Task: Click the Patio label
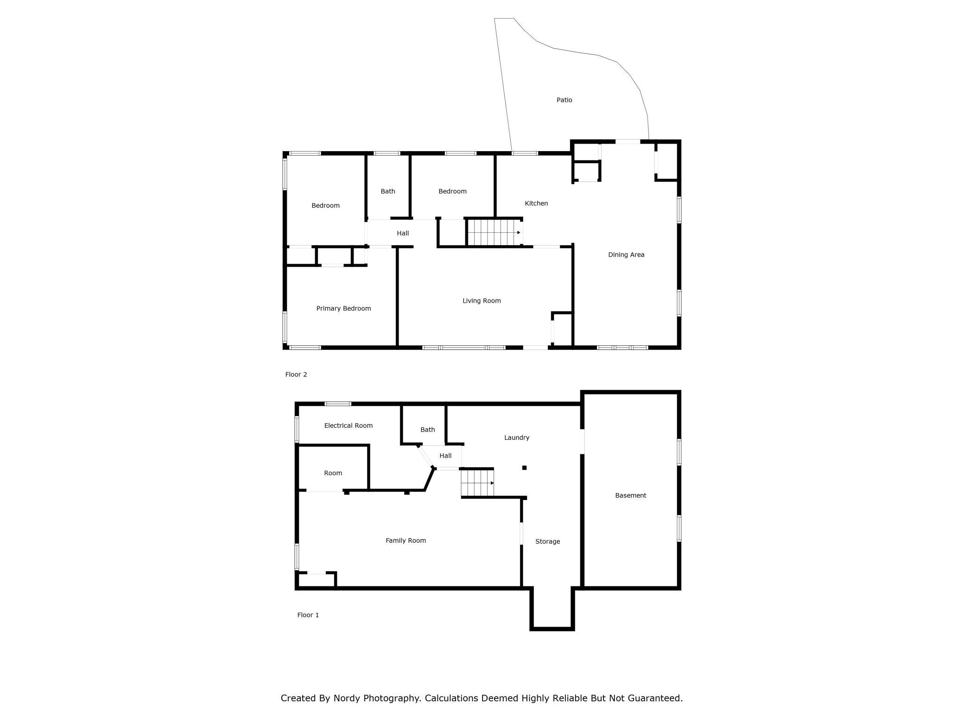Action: click(564, 100)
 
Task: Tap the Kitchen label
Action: click(536, 203)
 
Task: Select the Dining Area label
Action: click(626, 254)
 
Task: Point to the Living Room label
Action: click(482, 301)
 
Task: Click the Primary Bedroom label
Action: click(343, 309)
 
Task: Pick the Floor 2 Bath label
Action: click(388, 191)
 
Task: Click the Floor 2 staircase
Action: click(495, 232)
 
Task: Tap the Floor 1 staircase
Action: click(477, 483)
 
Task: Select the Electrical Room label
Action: click(348, 425)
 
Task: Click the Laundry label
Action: click(516, 438)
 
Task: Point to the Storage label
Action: click(547, 541)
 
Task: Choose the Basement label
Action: click(630, 495)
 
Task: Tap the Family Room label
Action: click(406, 540)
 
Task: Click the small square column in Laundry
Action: click(524, 468)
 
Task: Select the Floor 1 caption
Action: click(308, 615)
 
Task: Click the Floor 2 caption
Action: click(296, 374)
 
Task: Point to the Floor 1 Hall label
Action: click(445, 456)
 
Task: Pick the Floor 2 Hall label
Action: click(403, 234)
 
